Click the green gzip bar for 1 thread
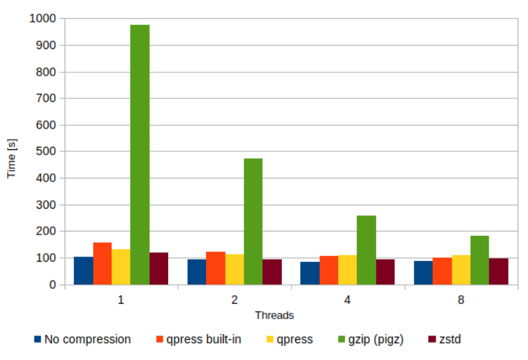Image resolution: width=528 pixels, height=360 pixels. pyautogui.click(x=140, y=155)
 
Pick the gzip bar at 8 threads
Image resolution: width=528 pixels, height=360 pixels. pyautogui.click(x=480, y=260)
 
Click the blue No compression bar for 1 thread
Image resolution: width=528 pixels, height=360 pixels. pyautogui.click(x=83, y=271)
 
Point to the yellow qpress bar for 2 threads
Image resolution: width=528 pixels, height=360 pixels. pyautogui.click(x=234, y=270)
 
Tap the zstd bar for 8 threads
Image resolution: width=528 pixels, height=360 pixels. pyautogui.click(x=498, y=271)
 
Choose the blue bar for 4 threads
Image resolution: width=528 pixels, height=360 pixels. pyautogui.click(x=310, y=273)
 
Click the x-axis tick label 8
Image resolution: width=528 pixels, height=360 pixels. pyautogui.click(x=461, y=301)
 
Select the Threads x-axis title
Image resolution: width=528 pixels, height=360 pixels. pyautogui.click(x=274, y=315)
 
